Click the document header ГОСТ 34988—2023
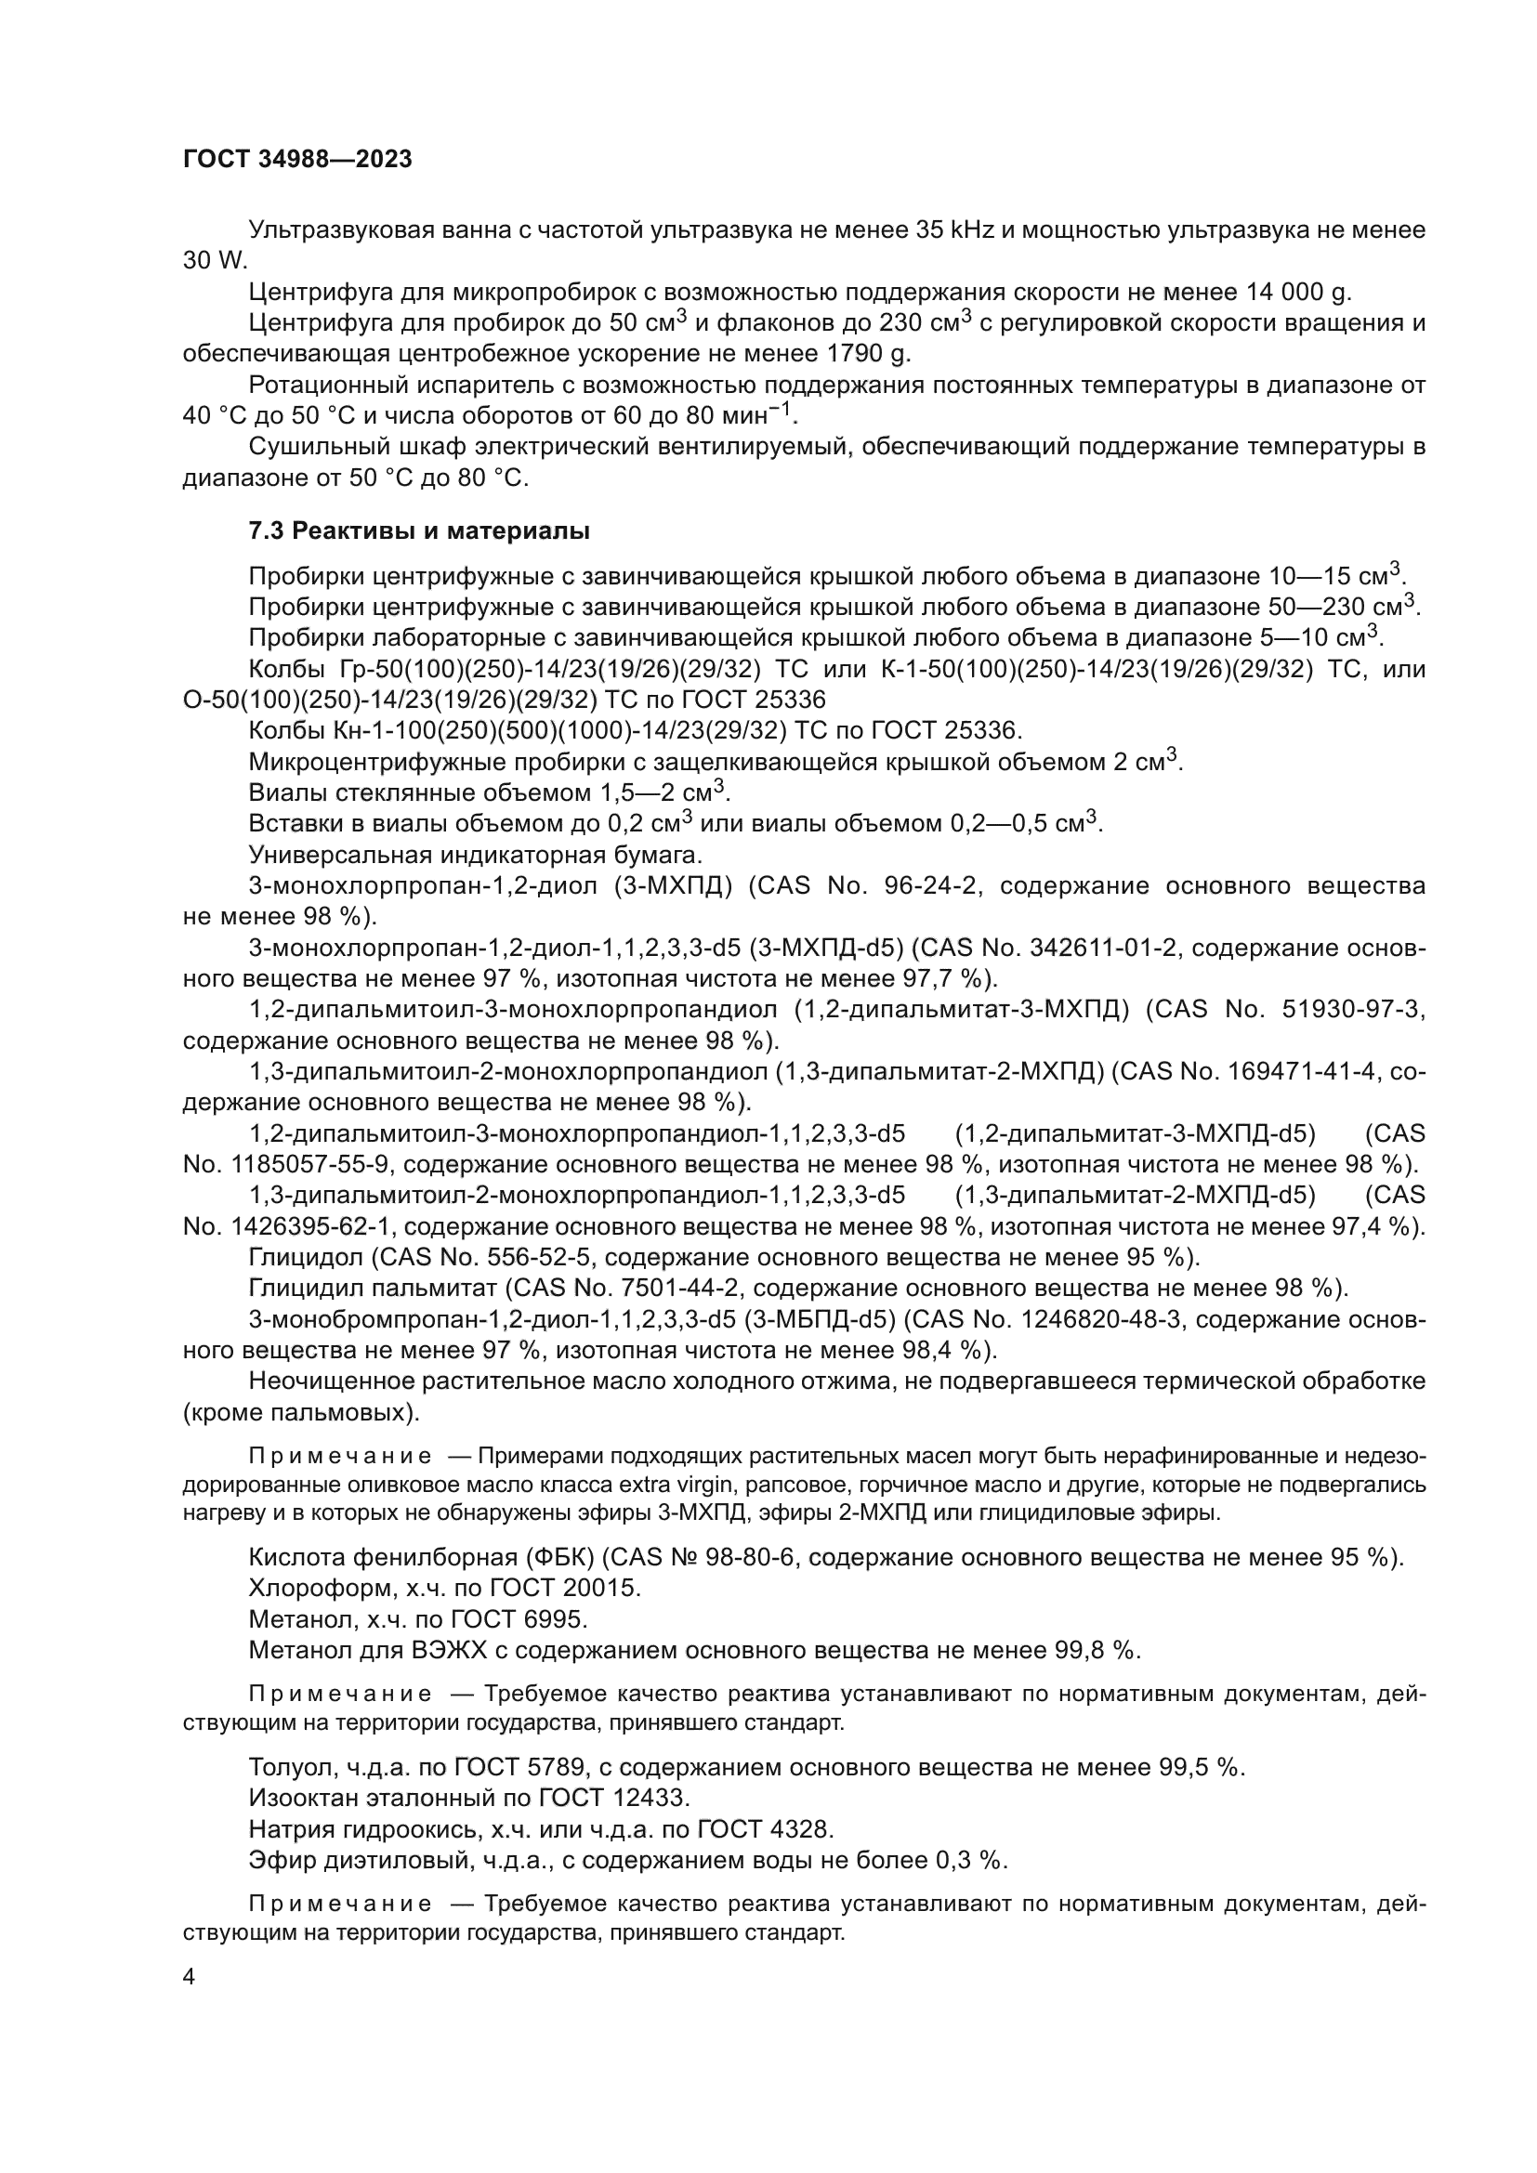(297, 159)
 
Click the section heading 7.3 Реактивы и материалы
(419, 532)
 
